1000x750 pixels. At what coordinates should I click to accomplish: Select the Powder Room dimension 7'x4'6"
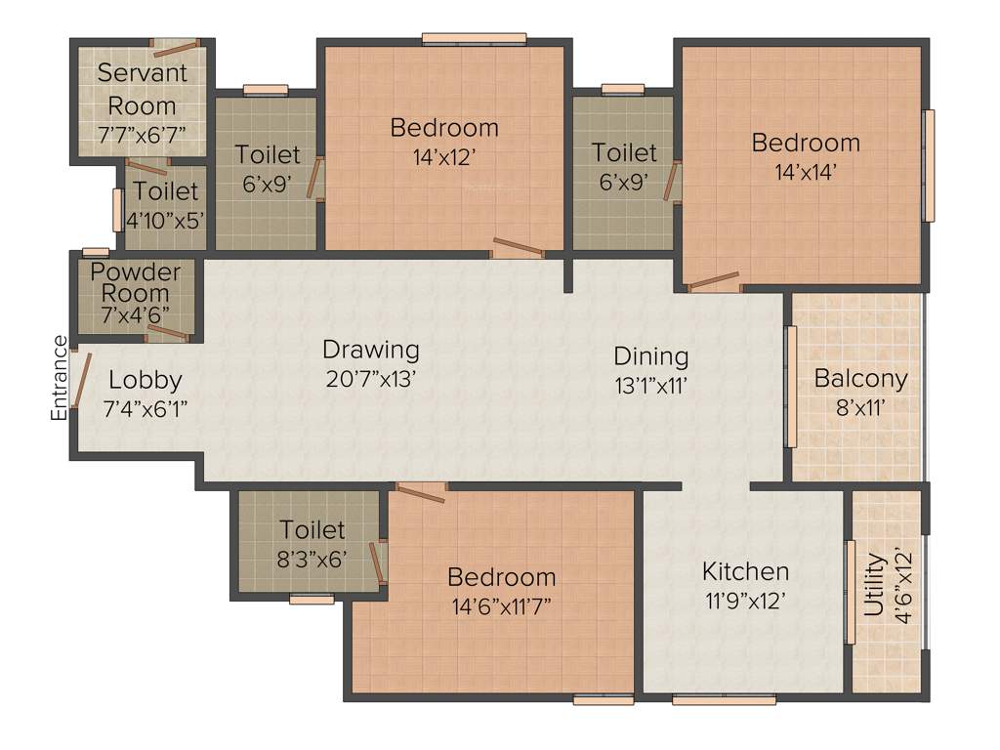[136, 314]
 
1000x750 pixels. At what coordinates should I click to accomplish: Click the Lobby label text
[145, 380]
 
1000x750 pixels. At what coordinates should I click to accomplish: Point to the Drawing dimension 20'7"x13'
[370, 379]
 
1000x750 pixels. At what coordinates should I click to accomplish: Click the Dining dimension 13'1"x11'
[650, 386]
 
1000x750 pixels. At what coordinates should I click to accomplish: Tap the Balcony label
[860, 378]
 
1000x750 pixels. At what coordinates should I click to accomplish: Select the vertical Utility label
[874, 586]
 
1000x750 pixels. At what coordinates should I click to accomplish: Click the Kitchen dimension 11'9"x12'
[746, 601]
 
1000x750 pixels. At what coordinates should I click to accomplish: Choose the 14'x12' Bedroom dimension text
[444, 156]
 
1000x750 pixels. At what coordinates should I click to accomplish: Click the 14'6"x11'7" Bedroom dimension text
[502, 605]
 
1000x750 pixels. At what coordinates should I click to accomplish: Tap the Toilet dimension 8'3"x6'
[312, 559]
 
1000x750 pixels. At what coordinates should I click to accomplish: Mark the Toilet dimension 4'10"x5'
[165, 219]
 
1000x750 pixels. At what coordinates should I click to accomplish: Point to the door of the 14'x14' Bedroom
[714, 282]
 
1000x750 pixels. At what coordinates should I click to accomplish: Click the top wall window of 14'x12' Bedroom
[474, 39]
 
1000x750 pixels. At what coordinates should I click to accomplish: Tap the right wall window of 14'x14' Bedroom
[929, 165]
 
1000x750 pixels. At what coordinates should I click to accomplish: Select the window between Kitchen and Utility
[850, 592]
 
